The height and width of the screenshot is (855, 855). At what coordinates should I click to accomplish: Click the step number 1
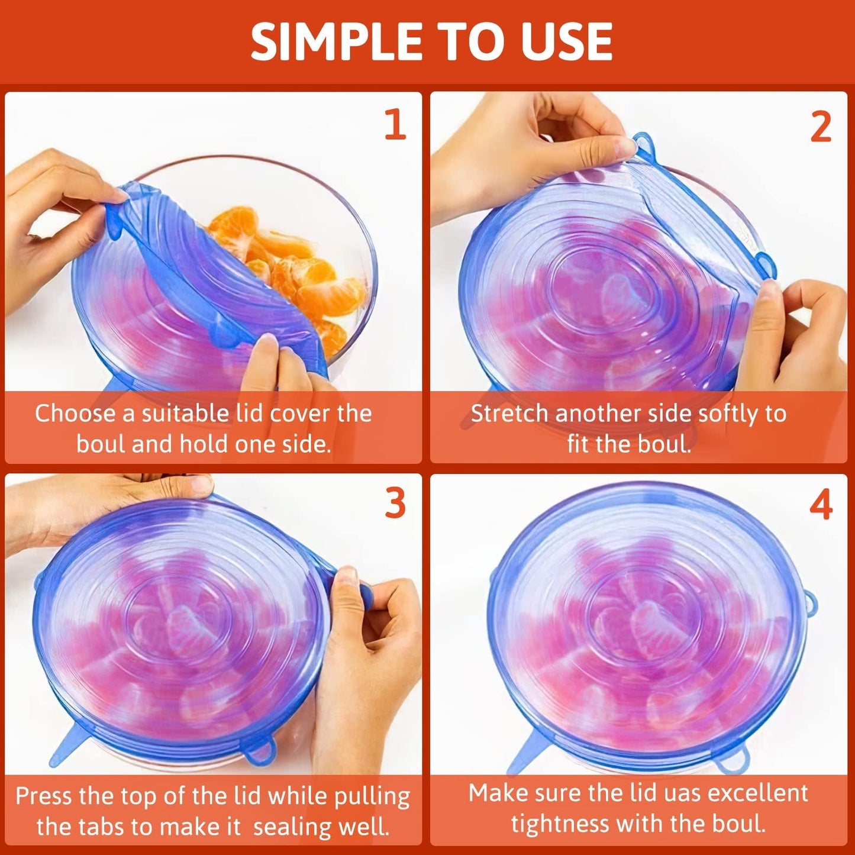395,125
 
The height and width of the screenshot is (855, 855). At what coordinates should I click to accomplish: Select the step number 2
820,127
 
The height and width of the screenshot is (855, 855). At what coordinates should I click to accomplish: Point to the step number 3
395,504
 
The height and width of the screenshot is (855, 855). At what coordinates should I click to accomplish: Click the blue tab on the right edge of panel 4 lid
811,604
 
